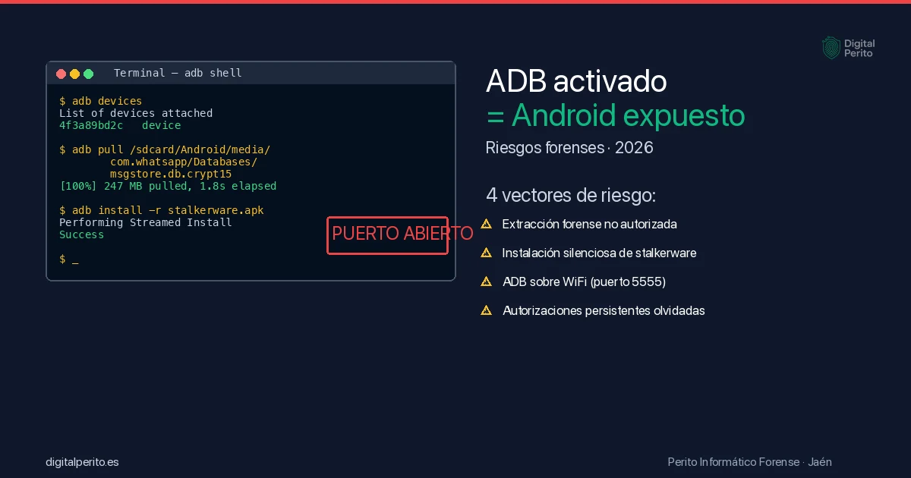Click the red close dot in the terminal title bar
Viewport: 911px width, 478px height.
coord(61,74)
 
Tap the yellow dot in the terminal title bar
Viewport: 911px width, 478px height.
coord(74,74)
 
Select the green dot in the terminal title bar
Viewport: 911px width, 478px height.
coord(88,74)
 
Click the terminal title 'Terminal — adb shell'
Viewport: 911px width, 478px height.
coord(178,74)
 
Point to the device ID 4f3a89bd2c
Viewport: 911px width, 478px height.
coord(91,125)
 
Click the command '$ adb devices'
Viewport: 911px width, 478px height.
coord(100,101)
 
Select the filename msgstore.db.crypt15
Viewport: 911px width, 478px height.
coord(171,174)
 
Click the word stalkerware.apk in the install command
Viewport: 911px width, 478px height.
coord(216,210)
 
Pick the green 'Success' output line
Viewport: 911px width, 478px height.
coord(81,234)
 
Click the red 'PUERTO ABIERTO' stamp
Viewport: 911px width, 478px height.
coord(388,234)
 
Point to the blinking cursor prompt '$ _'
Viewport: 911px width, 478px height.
coord(68,259)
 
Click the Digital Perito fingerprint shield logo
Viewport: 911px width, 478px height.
coord(831,48)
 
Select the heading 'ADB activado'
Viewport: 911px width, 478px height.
coord(576,81)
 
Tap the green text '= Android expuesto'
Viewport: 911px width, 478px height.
coord(615,116)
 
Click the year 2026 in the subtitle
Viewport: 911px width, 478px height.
coord(634,148)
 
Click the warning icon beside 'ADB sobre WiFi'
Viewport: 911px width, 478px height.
coord(487,281)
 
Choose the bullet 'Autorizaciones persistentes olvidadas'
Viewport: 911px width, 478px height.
coord(604,310)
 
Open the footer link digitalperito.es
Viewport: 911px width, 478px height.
coord(82,462)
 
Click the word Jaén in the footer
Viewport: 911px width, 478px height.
coord(820,462)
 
